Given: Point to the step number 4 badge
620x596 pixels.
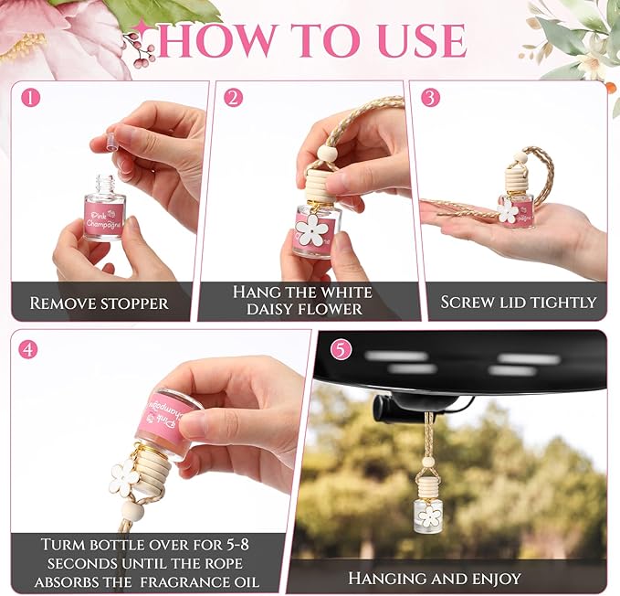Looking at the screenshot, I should [29, 347].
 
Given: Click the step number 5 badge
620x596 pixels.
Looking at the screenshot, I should [341, 348].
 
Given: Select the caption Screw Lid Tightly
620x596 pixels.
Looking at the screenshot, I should [518, 302].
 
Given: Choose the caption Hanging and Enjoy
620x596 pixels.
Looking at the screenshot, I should [435, 578].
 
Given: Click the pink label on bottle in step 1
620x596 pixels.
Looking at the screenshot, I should [104, 217].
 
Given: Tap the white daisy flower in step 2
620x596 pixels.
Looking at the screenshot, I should [311, 229].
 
